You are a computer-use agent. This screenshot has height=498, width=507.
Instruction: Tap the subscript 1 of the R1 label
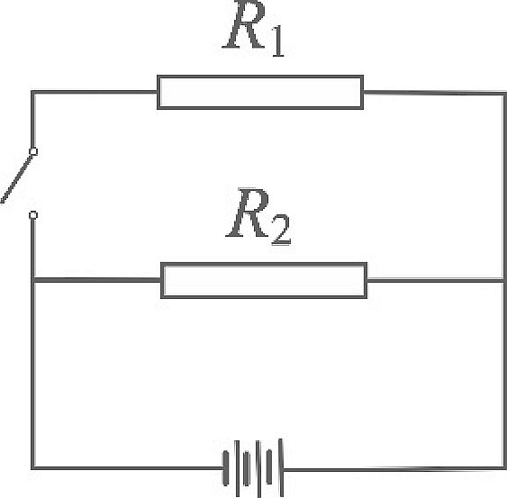pos(278,42)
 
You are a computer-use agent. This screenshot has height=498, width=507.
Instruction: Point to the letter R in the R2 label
pos(249,213)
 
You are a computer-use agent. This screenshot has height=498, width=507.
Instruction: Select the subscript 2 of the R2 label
pos(281,230)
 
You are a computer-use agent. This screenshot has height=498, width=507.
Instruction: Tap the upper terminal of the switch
pos(33,151)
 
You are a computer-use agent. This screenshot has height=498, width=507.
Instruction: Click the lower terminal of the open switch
pos(33,215)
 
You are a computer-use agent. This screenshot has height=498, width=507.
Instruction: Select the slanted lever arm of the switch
pos(17,179)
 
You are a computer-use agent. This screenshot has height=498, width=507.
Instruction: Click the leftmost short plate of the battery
pos(226,468)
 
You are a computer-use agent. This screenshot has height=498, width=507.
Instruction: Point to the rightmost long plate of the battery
pos(281,467)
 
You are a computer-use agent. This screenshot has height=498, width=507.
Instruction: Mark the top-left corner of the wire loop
pos(32,92)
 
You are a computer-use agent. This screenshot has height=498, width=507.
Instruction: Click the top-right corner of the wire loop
pos(504,94)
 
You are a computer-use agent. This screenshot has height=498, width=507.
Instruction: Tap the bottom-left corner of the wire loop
pos(32,468)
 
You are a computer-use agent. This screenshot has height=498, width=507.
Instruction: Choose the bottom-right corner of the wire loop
pos(504,468)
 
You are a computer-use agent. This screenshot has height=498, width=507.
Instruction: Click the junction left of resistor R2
pos(32,280)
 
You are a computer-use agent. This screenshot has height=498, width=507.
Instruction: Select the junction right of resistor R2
pos(504,280)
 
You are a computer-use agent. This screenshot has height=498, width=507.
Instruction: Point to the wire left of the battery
pos(127,468)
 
